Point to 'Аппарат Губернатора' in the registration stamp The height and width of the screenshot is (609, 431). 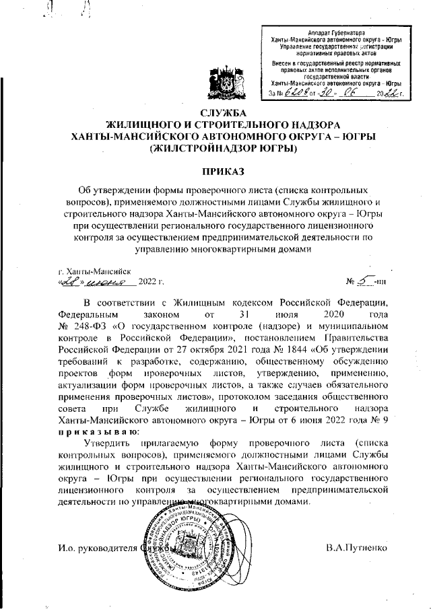point(330,33)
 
